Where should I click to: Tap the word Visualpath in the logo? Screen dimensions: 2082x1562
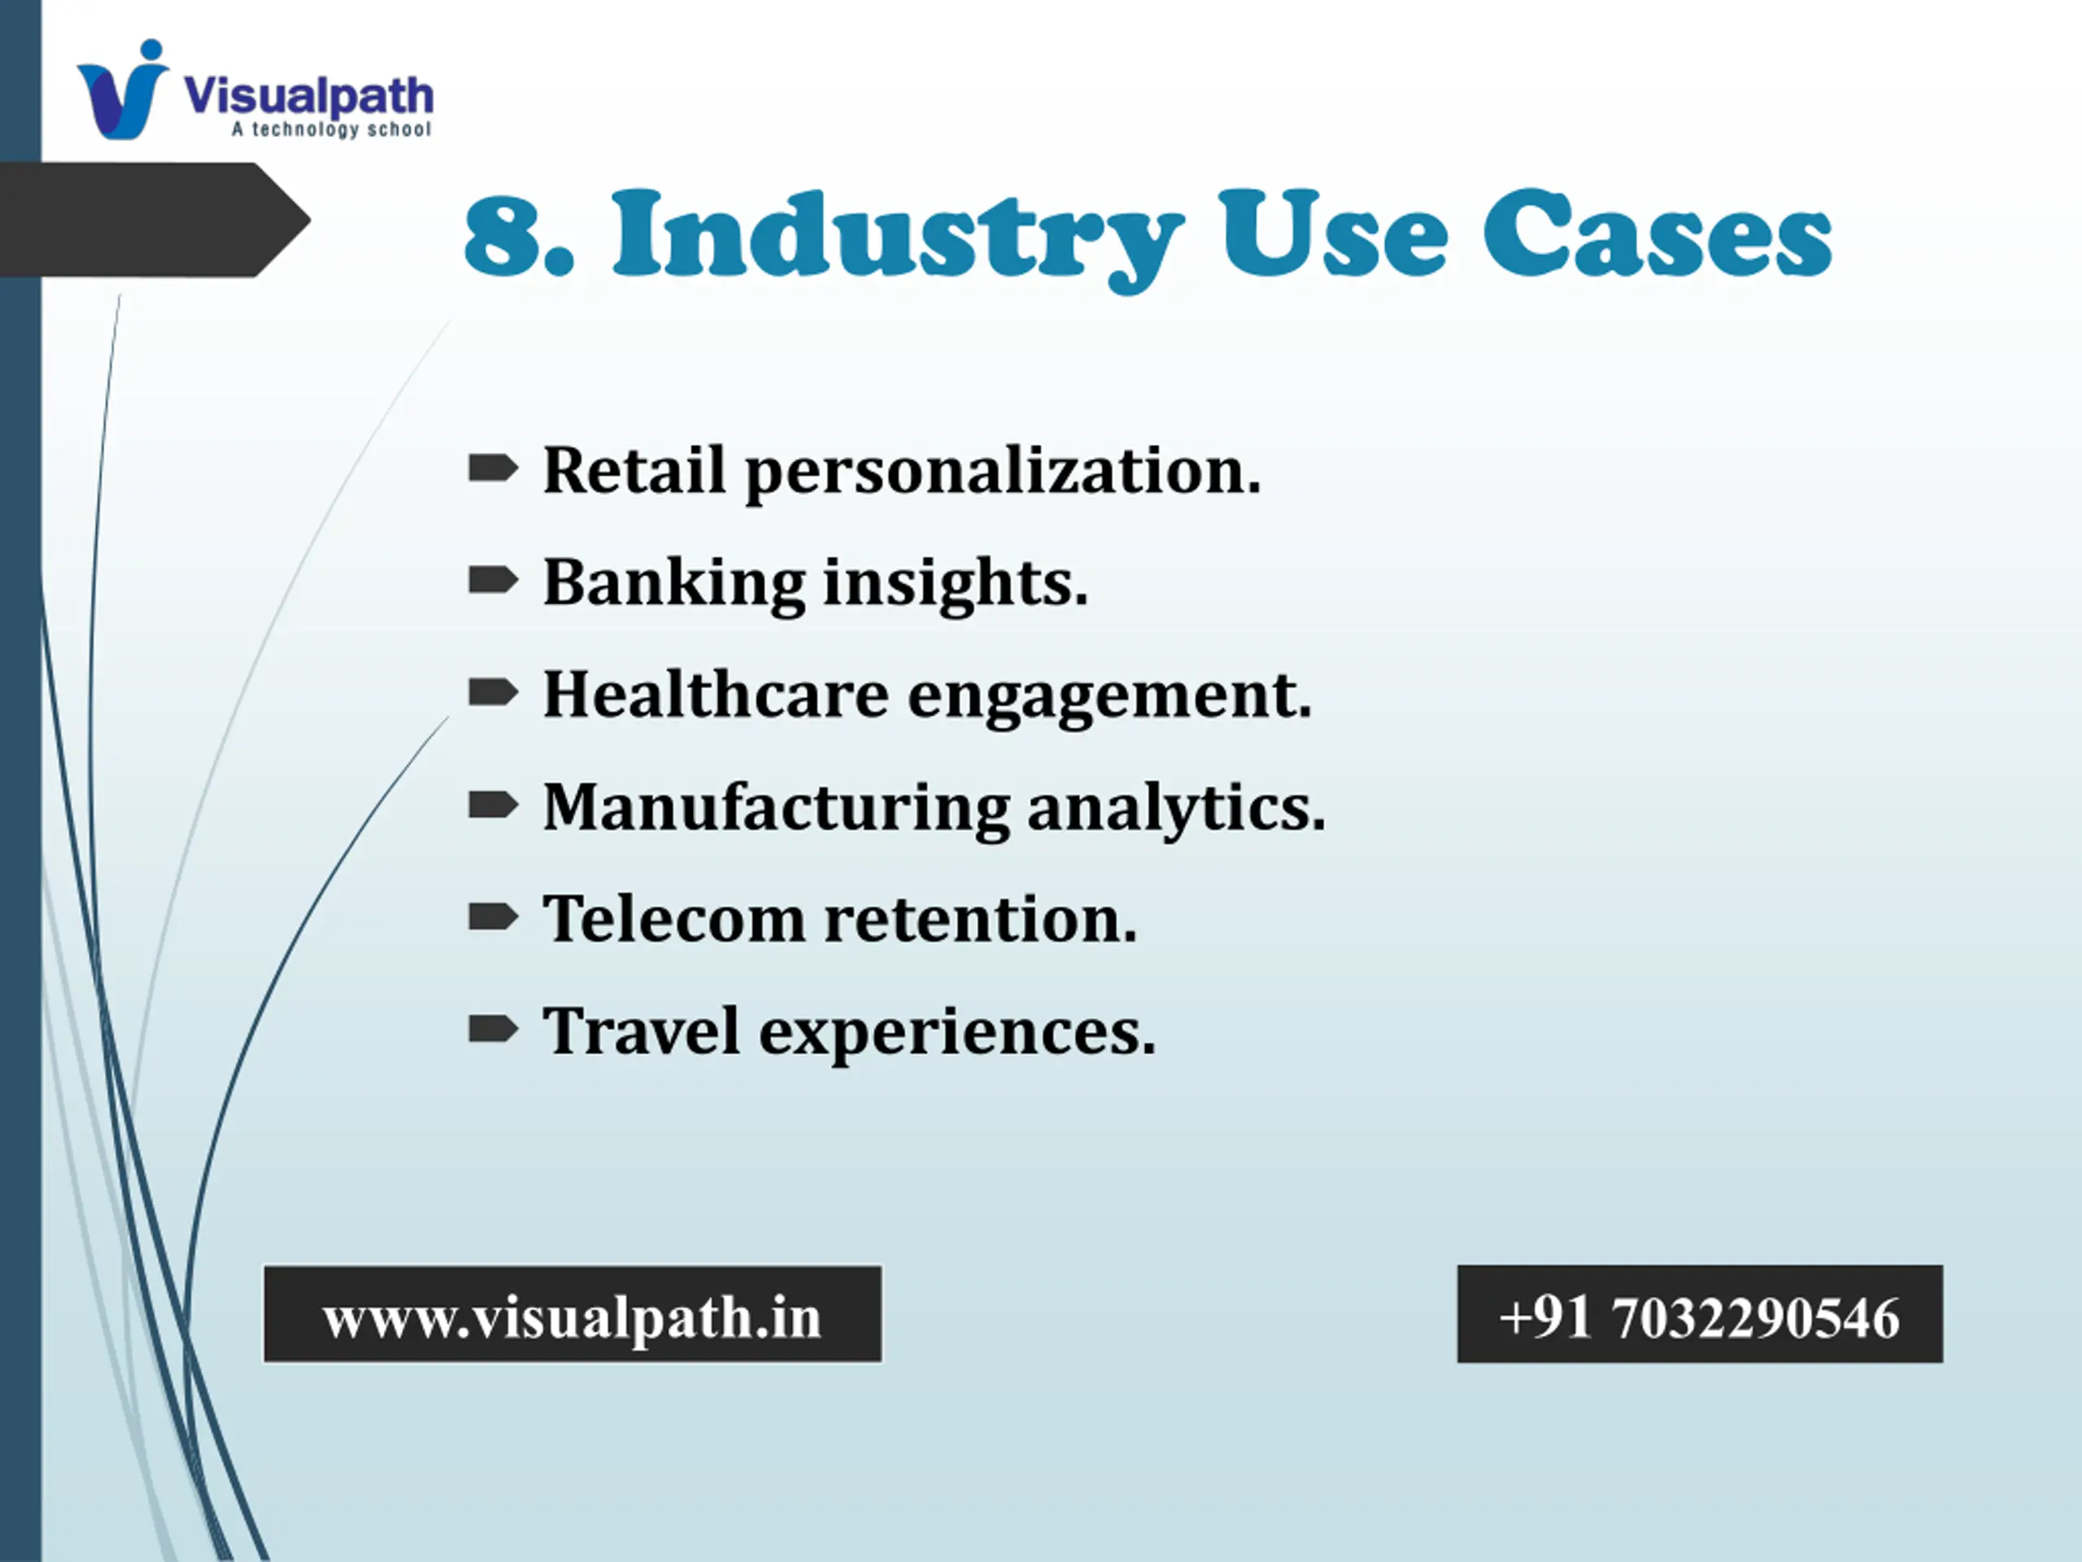[x=309, y=96]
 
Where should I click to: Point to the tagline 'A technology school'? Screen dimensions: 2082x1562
[x=331, y=129]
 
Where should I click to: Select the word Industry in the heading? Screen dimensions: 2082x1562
[x=897, y=240]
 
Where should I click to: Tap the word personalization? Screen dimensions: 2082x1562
[x=1004, y=473]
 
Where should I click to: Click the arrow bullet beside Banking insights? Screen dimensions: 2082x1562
[x=493, y=580]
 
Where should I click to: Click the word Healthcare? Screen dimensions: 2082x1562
[x=716, y=694]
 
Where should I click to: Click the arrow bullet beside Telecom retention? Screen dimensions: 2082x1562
[x=493, y=916]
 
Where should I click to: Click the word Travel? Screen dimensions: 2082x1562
[x=642, y=1030]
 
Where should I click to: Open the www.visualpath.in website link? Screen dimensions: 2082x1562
[x=573, y=1315]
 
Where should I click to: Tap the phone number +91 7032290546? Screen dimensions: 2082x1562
[x=1700, y=1316]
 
